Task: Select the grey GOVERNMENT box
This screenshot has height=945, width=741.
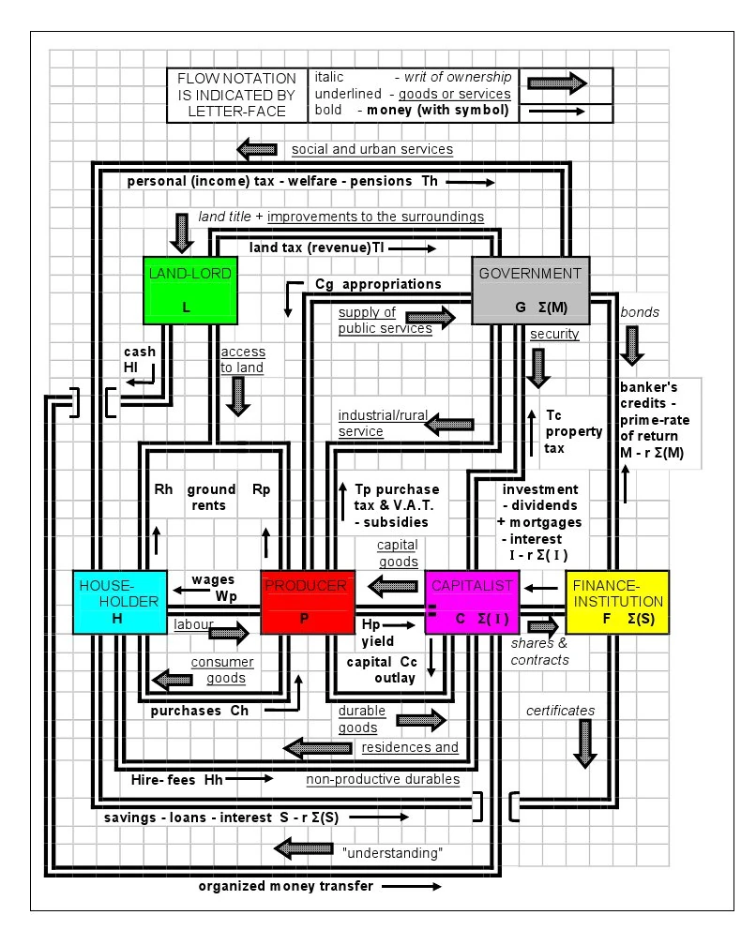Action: [530, 290]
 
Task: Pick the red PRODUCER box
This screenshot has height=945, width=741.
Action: [308, 601]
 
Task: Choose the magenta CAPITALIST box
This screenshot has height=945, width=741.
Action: [472, 601]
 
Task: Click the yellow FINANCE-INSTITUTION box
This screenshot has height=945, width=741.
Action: [617, 601]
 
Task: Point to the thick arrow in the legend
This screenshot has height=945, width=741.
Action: [557, 83]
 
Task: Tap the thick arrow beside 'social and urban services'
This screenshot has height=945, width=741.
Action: [256, 149]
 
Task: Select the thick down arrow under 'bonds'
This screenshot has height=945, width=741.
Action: [634, 345]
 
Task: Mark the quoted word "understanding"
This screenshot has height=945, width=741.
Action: [392, 853]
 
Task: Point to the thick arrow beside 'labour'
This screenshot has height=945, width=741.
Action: [228, 634]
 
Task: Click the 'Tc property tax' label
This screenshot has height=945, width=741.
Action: [565, 429]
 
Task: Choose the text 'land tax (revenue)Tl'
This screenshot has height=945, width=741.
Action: [318, 248]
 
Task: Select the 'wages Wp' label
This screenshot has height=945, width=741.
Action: [213, 588]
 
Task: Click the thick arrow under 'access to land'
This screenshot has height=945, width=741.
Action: [239, 396]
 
